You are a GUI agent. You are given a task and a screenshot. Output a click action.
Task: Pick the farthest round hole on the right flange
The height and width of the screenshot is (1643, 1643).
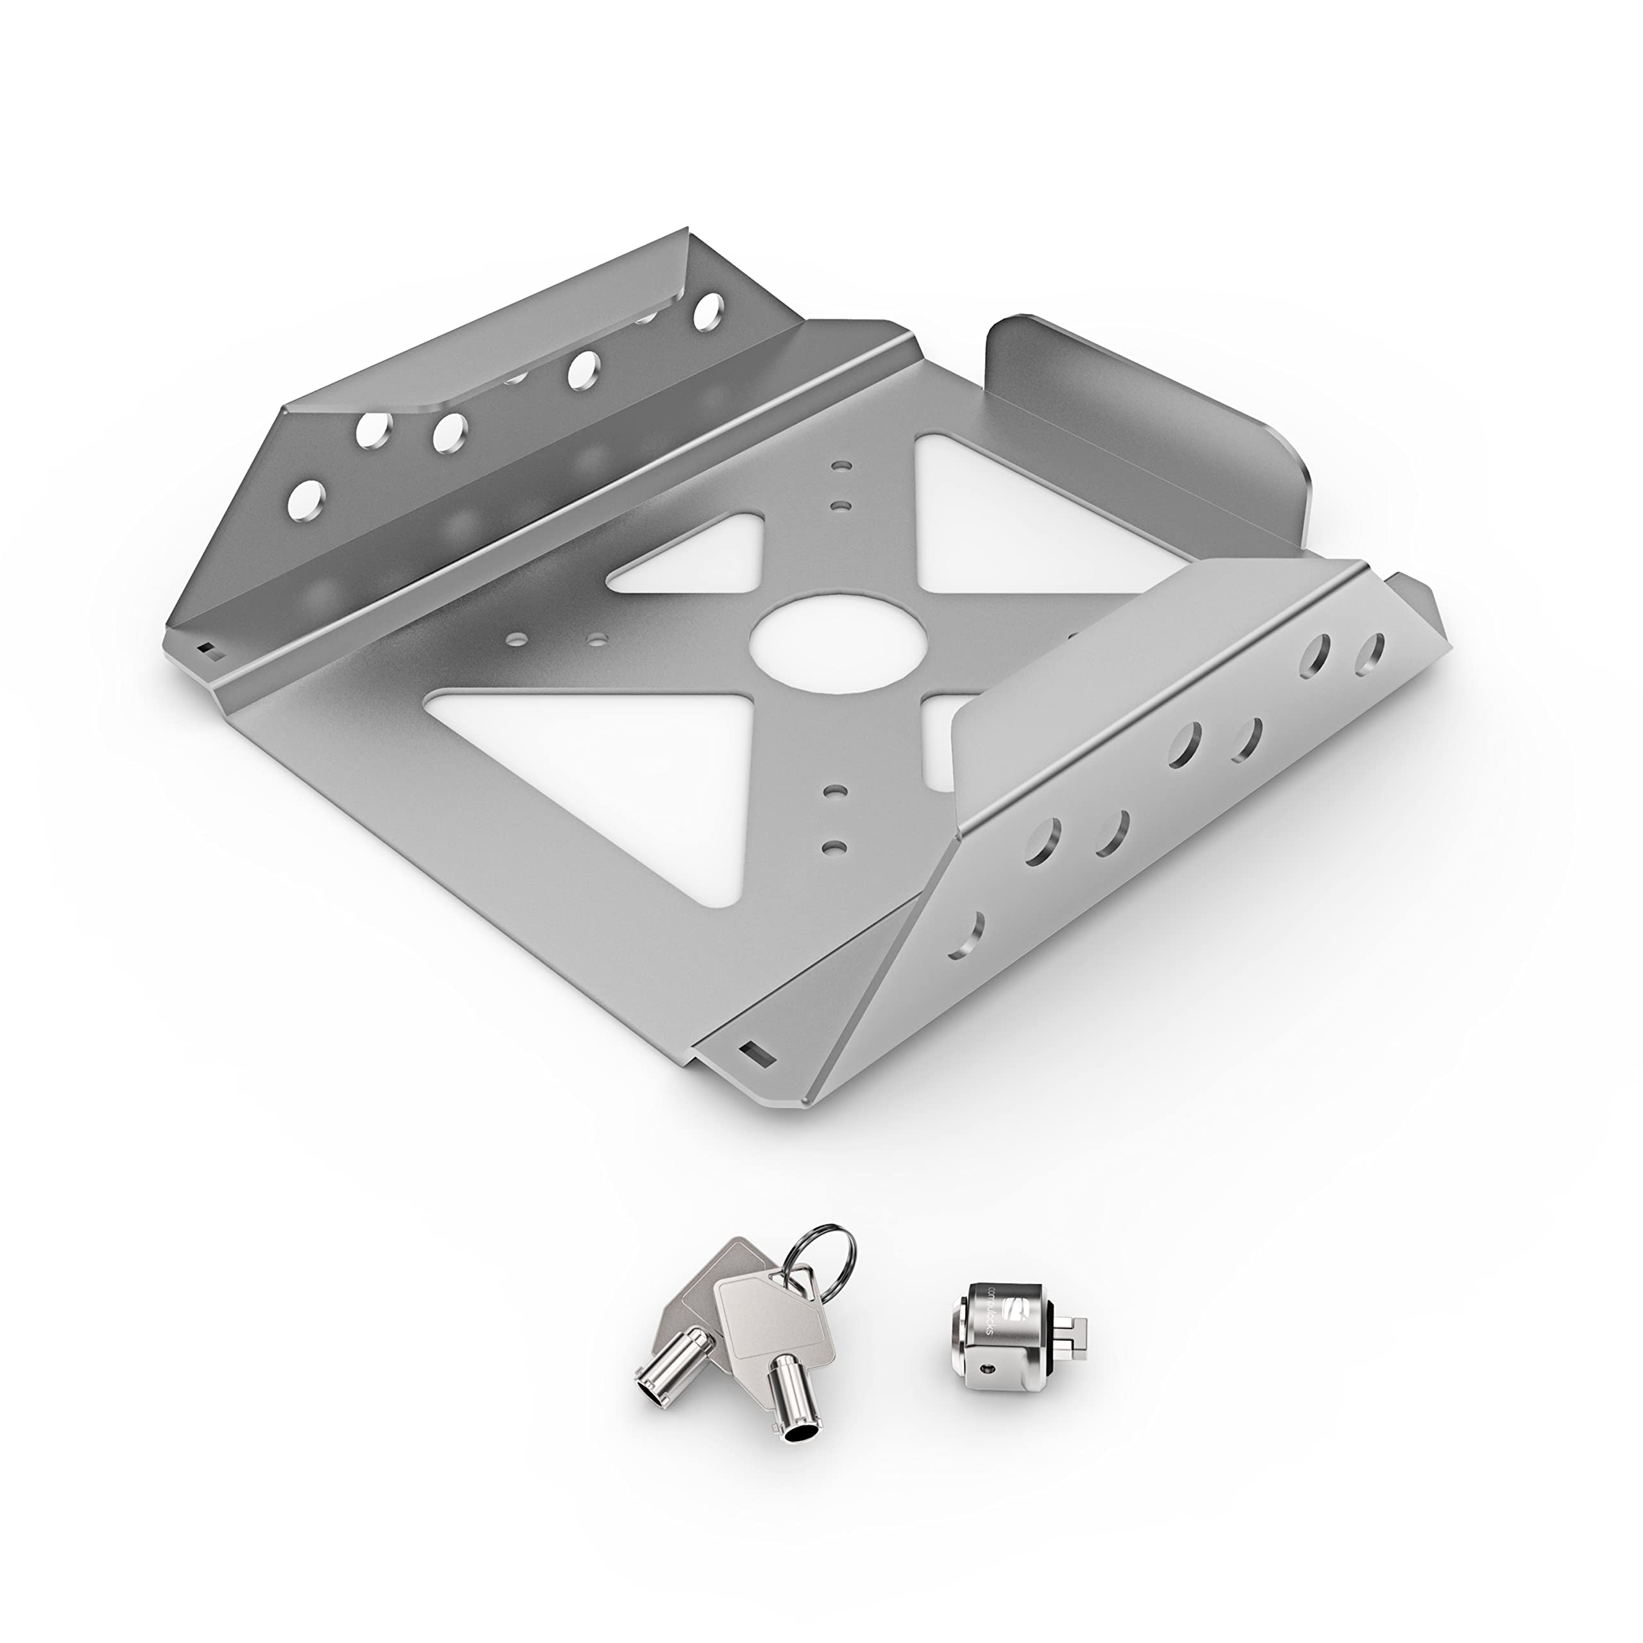[x=1369, y=653]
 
